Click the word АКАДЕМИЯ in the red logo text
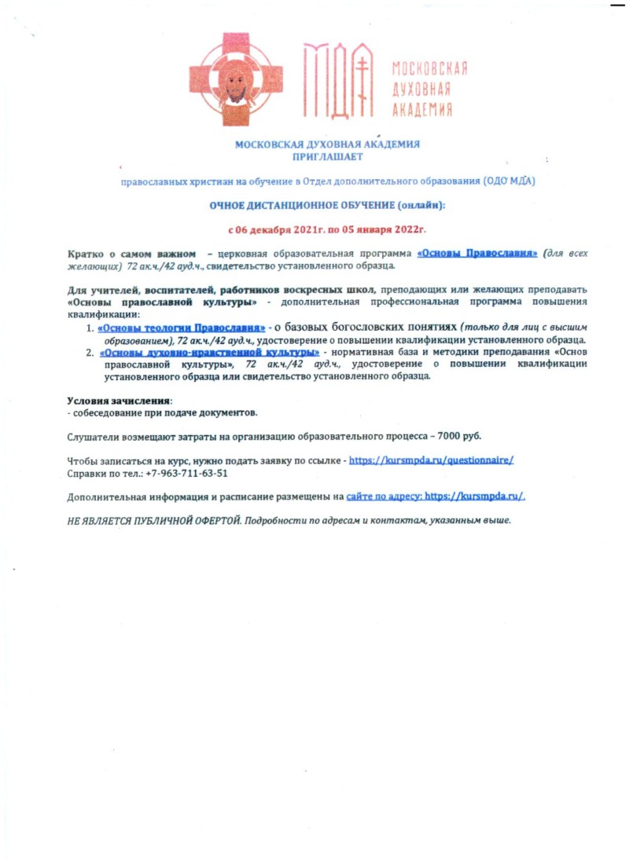point(422,110)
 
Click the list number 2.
point(89,353)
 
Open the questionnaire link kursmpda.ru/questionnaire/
point(431,461)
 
